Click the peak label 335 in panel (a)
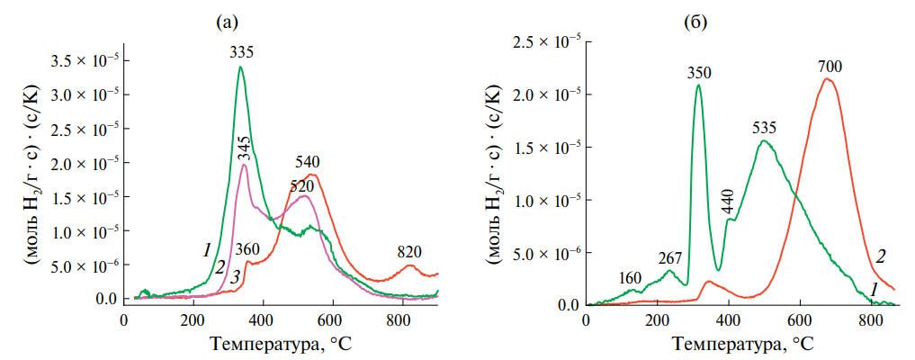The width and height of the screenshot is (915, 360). pyautogui.click(x=241, y=53)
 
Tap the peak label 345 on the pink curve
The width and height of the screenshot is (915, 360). pyautogui.click(x=243, y=148)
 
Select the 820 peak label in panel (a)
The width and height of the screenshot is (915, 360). pyautogui.click(x=408, y=251)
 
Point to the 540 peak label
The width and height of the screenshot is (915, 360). pyautogui.click(x=308, y=163)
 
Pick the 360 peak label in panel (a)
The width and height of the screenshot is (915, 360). pyautogui.click(x=247, y=249)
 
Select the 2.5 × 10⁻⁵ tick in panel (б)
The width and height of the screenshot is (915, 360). pyautogui.click(x=545, y=41)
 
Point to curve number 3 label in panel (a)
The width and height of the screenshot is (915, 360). pyautogui.click(x=234, y=279)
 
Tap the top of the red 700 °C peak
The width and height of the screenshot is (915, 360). pyautogui.click(x=828, y=79)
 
